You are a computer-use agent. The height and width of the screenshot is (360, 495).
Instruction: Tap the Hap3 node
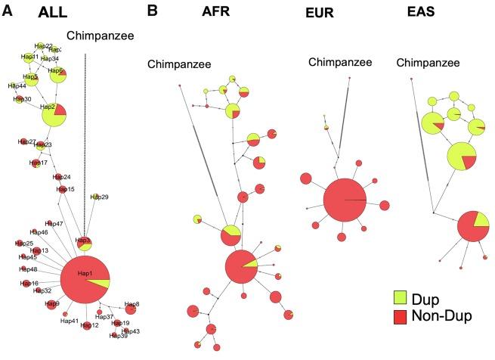pos(83,243)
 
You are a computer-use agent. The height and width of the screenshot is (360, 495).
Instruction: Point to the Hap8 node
pos(131,308)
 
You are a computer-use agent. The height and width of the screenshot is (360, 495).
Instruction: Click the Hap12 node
pos(87,325)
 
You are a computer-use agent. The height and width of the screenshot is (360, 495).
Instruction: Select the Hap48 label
pos(28,269)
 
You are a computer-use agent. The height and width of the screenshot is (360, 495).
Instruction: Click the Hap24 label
pos(62,177)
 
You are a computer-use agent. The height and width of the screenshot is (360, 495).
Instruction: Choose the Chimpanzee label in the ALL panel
pos(99,34)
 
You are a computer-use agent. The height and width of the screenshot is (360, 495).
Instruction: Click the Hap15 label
pos(66,189)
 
